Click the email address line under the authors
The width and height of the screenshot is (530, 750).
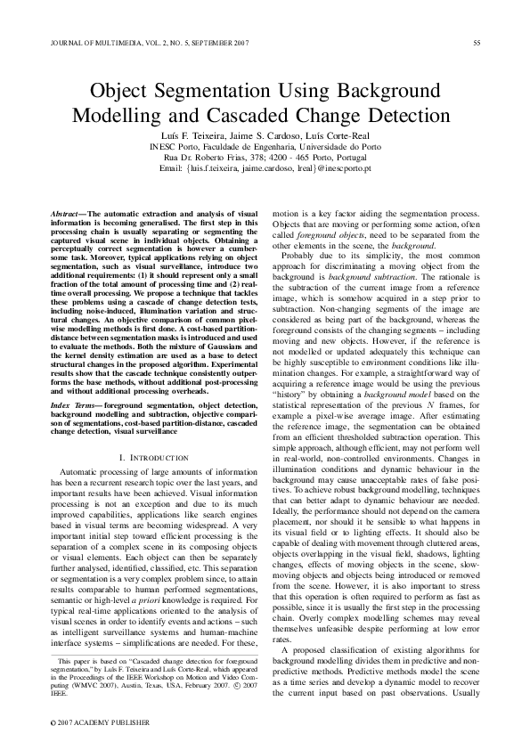265,167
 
